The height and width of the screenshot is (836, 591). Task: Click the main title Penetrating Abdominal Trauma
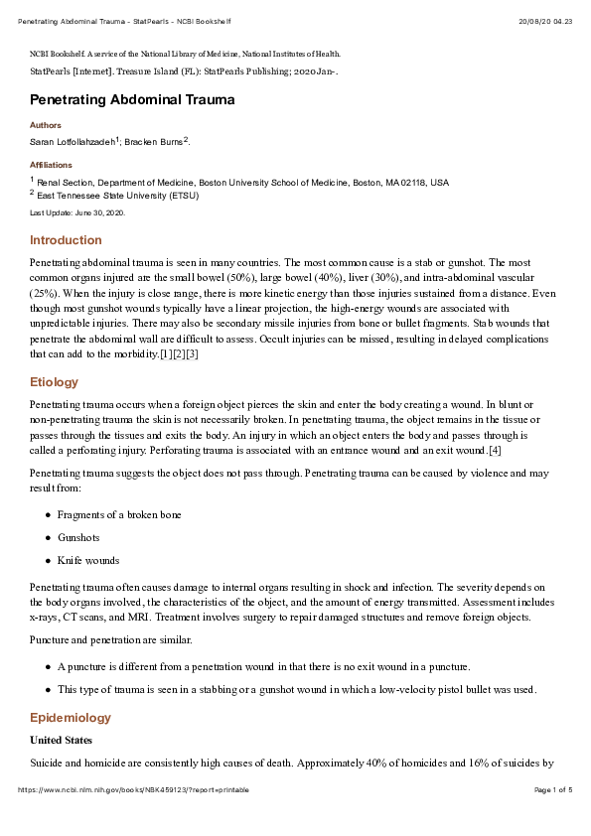click(132, 100)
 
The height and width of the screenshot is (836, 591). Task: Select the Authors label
click(45, 126)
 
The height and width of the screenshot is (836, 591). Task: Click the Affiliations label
click(51, 165)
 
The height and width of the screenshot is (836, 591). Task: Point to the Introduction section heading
click(66, 240)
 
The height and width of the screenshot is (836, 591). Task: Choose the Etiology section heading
click(54, 381)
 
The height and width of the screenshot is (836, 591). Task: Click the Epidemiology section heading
click(70, 718)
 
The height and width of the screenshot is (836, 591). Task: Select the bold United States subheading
click(62, 741)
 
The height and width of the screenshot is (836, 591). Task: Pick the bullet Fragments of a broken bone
click(118, 514)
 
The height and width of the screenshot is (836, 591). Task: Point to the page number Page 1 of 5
click(553, 790)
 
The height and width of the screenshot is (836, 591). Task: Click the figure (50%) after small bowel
click(239, 277)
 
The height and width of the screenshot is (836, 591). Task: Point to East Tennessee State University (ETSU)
click(118, 196)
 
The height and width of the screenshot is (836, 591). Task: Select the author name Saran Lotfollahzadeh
click(73, 143)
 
